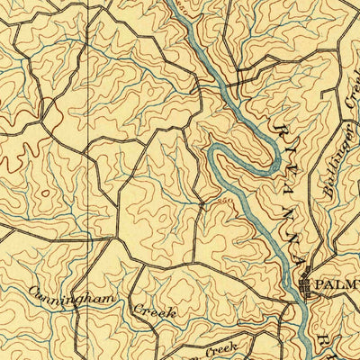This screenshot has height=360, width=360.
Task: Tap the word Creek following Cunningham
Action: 154,311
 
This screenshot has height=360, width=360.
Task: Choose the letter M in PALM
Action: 353,285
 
